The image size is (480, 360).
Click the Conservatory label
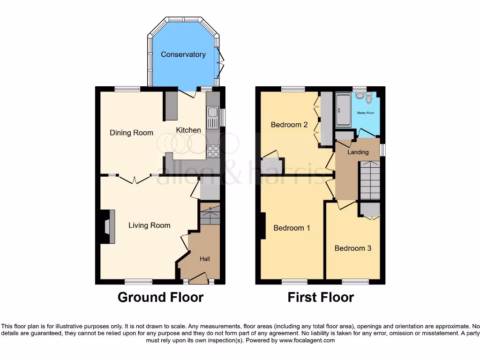183,54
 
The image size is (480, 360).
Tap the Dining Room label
131,133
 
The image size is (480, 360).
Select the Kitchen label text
188,130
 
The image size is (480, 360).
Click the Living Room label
149,225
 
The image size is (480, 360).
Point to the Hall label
205,259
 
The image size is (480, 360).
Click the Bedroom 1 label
292,228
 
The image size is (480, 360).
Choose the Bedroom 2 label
289,125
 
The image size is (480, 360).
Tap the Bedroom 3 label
352,248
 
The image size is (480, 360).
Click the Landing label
358,152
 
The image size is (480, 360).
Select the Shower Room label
365,113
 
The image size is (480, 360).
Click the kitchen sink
212,112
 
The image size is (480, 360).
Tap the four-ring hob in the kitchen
213,151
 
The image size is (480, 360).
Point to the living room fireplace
107,227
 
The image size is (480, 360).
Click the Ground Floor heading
160,297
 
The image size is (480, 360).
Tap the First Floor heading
321,297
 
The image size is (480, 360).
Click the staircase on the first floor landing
370,180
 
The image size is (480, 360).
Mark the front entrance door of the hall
198,280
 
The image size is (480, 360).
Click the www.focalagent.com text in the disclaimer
307,340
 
